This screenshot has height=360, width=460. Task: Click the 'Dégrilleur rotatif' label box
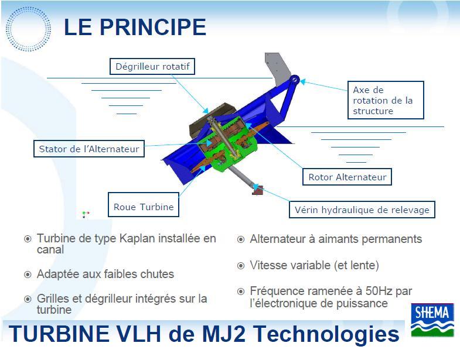(x=152, y=67)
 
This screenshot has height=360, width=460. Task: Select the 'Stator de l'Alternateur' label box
(x=89, y=149)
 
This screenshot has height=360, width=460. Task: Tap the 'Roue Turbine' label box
(x=144, y=205)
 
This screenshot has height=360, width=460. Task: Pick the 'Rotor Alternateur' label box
(x=347, y=177)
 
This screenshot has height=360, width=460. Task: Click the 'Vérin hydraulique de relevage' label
(x=362, y=210)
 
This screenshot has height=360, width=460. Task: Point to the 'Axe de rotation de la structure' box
(x=386, y=100)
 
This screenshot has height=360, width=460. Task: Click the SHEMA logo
(x=432, y=320)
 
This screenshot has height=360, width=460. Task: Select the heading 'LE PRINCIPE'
(x=135, y=27)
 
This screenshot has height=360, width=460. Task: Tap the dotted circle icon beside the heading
(x=28, y=29)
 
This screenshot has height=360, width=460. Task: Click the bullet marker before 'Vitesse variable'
(x=241, y=266)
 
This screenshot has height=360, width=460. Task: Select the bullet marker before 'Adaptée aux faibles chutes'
(x=28, y=275)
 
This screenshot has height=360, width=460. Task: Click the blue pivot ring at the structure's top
(x=294, y=80)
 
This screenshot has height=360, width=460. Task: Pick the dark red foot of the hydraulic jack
(x=258, y=191)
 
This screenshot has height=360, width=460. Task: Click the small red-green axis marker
(x=85, y=214)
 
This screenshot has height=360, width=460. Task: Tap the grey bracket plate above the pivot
(x=276, y=67)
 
